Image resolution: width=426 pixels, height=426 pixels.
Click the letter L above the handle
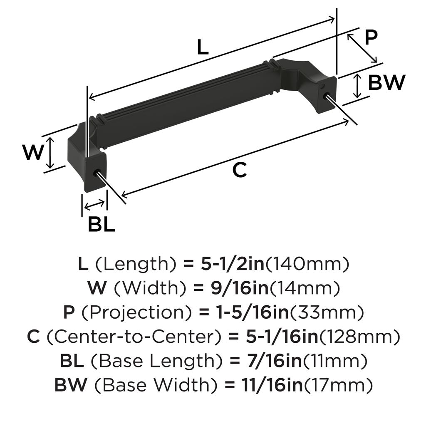pos(203,47)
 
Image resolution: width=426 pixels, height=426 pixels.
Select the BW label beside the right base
pos(386,82)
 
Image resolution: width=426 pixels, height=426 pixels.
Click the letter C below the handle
pos(240,170)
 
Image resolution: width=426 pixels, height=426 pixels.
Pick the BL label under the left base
pos(102,224)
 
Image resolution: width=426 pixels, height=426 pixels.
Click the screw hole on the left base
pos(97,173)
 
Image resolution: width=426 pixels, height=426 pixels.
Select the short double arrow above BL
pos(94,205)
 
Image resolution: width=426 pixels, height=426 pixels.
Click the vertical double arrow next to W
pos(50,153)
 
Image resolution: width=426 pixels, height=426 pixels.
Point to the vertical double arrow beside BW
pos(358,86)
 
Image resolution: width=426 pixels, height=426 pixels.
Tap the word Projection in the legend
pos(136,313)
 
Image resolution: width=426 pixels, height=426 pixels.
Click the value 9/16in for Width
pos(240,288)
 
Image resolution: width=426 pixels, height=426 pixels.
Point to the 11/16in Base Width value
pos(272,386)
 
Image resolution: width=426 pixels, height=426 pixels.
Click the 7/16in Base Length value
pos(274,361)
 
